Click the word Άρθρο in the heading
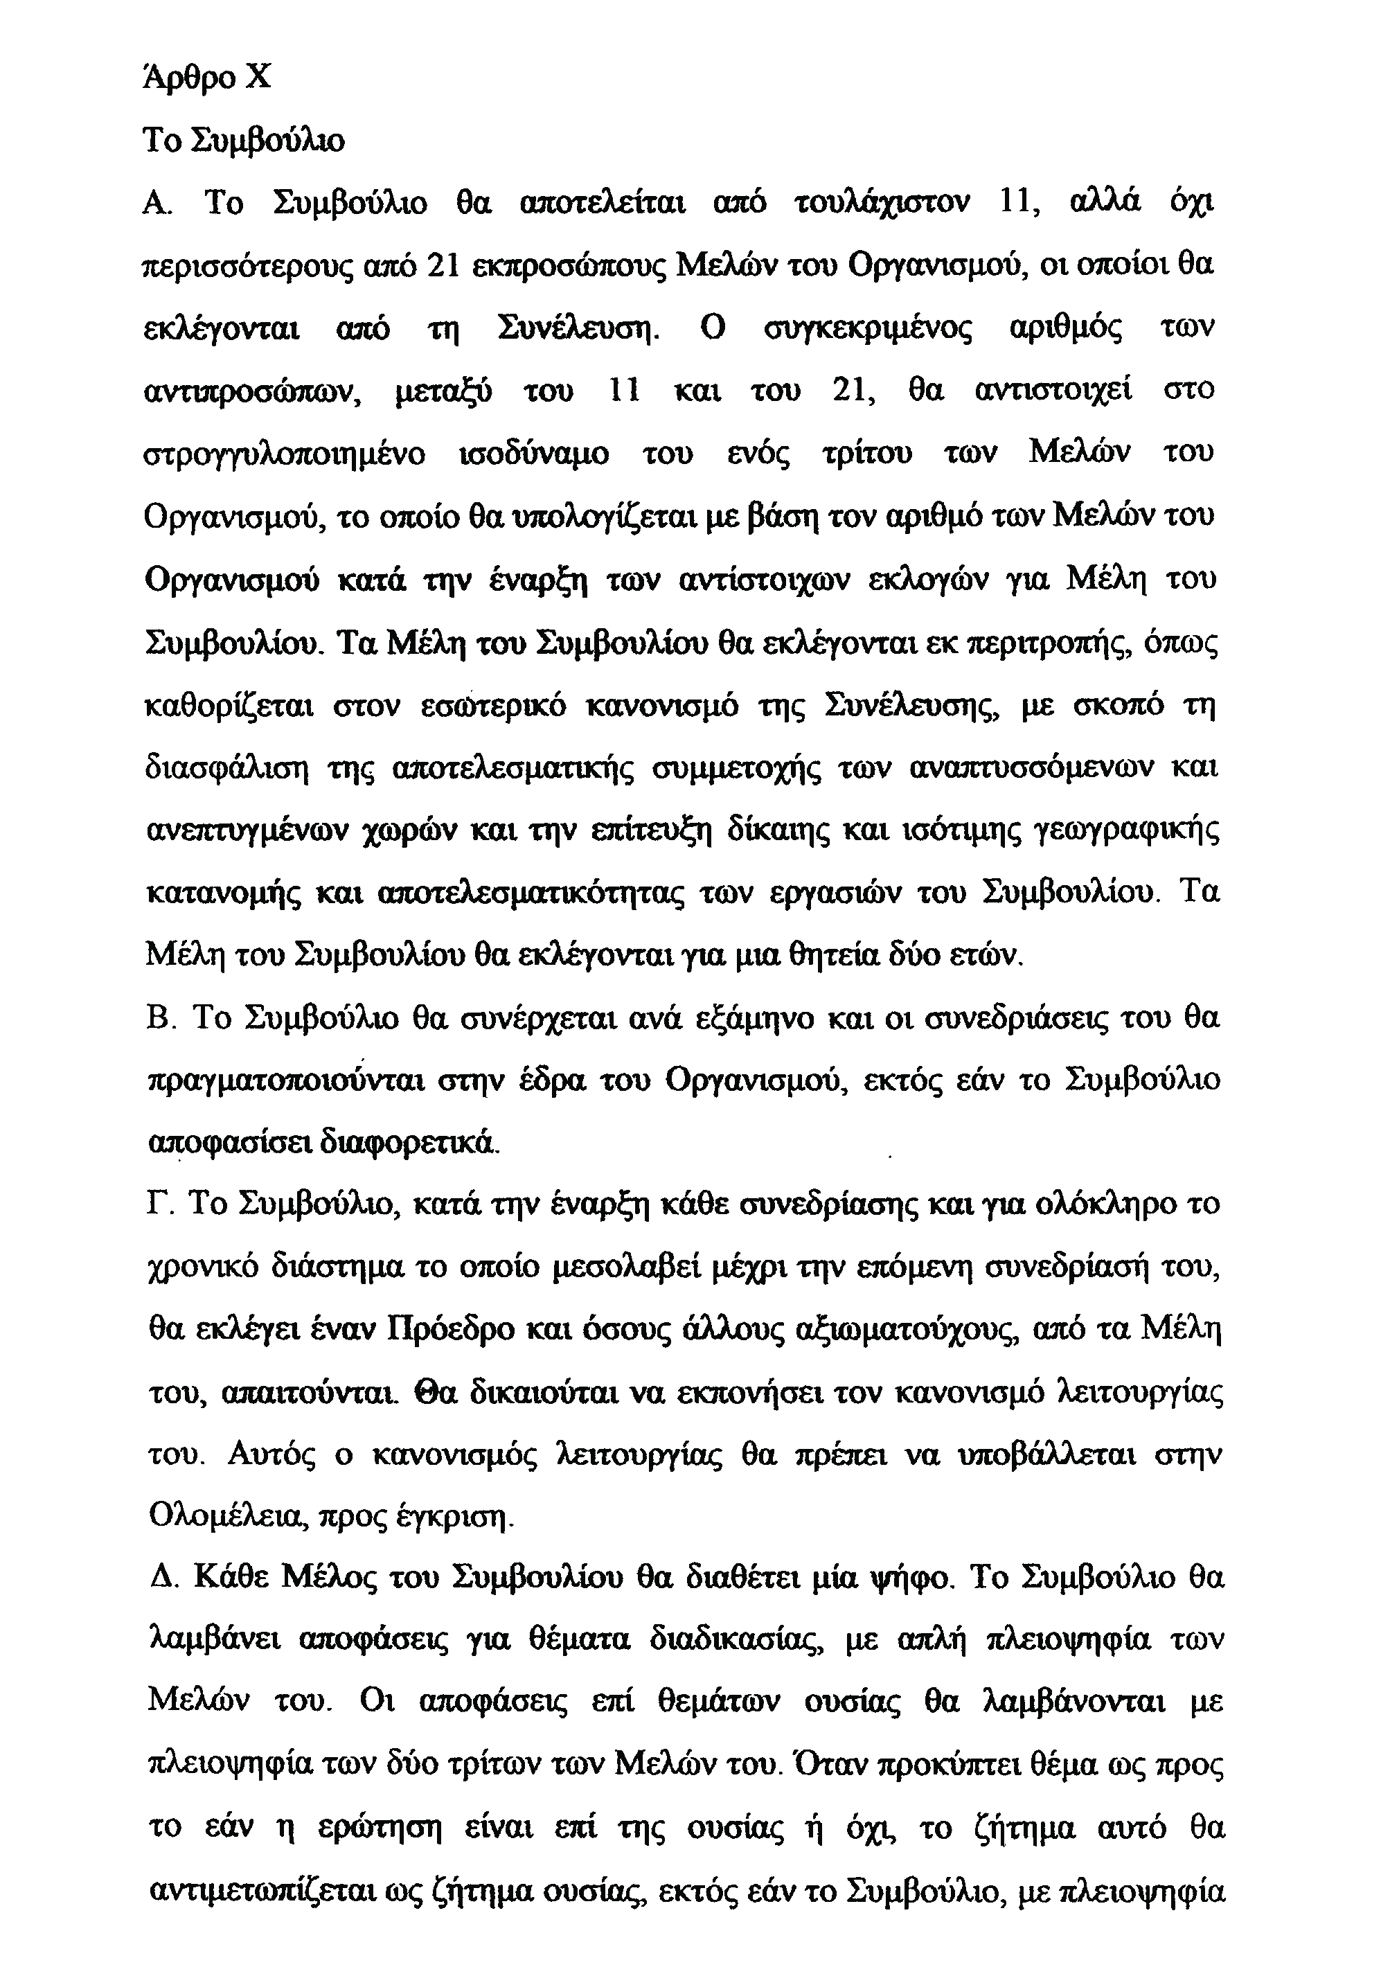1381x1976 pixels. [185, 78]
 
